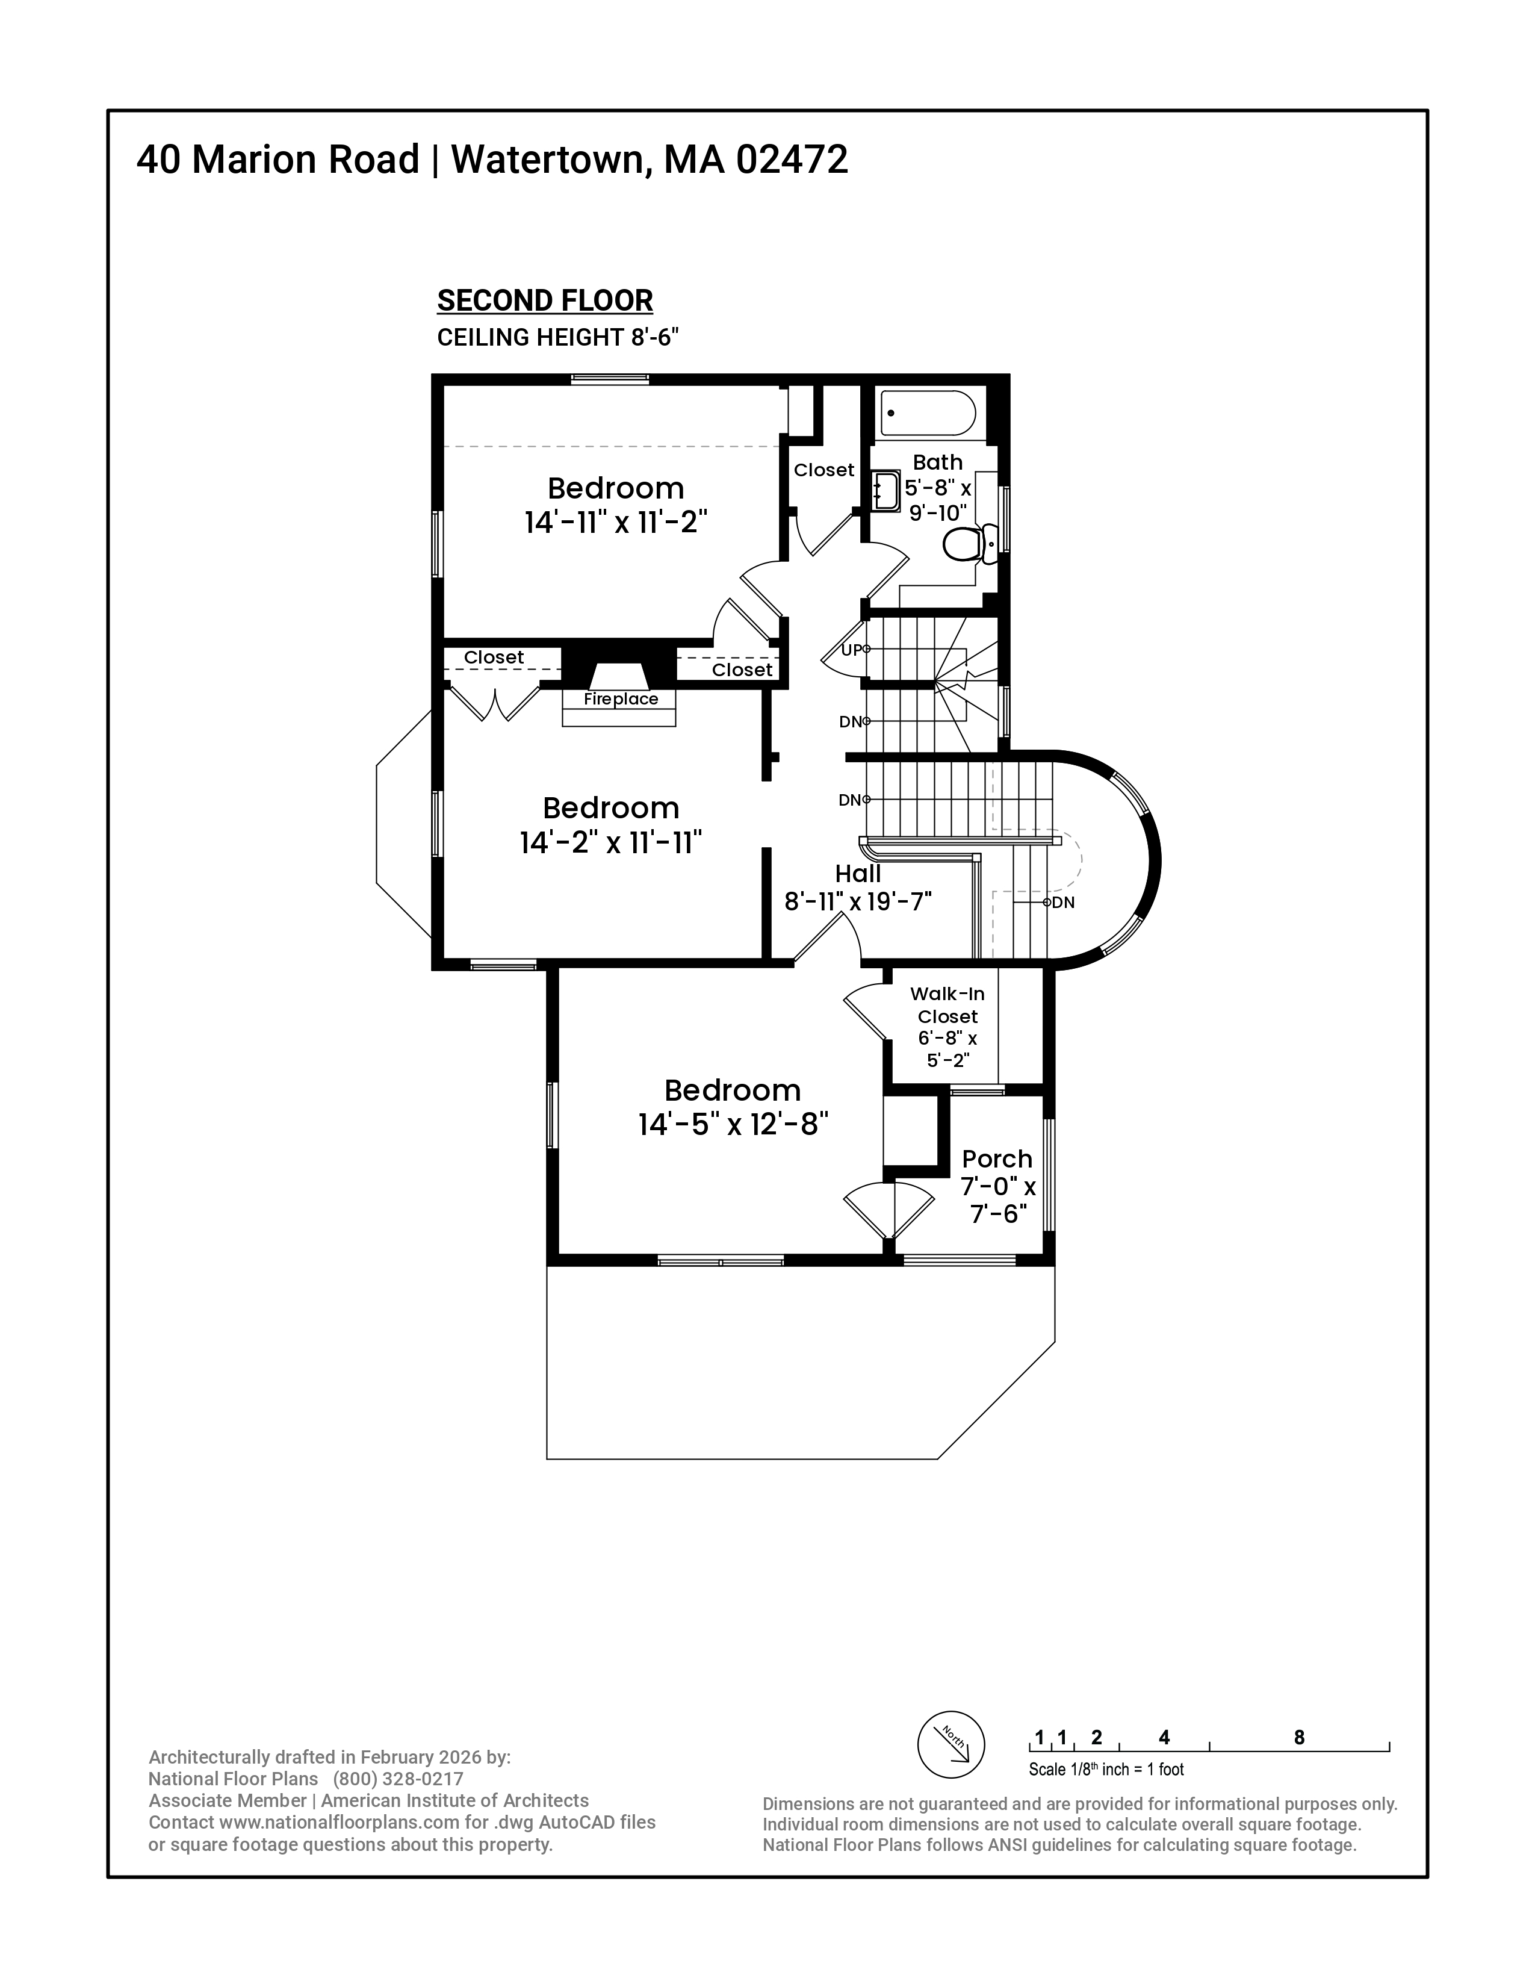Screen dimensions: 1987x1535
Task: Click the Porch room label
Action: coord(997,1159)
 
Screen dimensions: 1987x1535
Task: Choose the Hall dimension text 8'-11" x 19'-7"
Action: coord(858,901)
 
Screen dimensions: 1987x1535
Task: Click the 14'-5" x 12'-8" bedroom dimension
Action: coord(733,1125)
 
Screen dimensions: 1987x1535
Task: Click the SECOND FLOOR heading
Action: coord(545,300)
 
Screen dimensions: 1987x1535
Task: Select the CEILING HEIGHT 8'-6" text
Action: coord(557,338)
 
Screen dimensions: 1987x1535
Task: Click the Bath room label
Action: coord(937,462)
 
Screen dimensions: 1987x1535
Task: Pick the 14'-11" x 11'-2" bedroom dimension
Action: coord(616,522)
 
